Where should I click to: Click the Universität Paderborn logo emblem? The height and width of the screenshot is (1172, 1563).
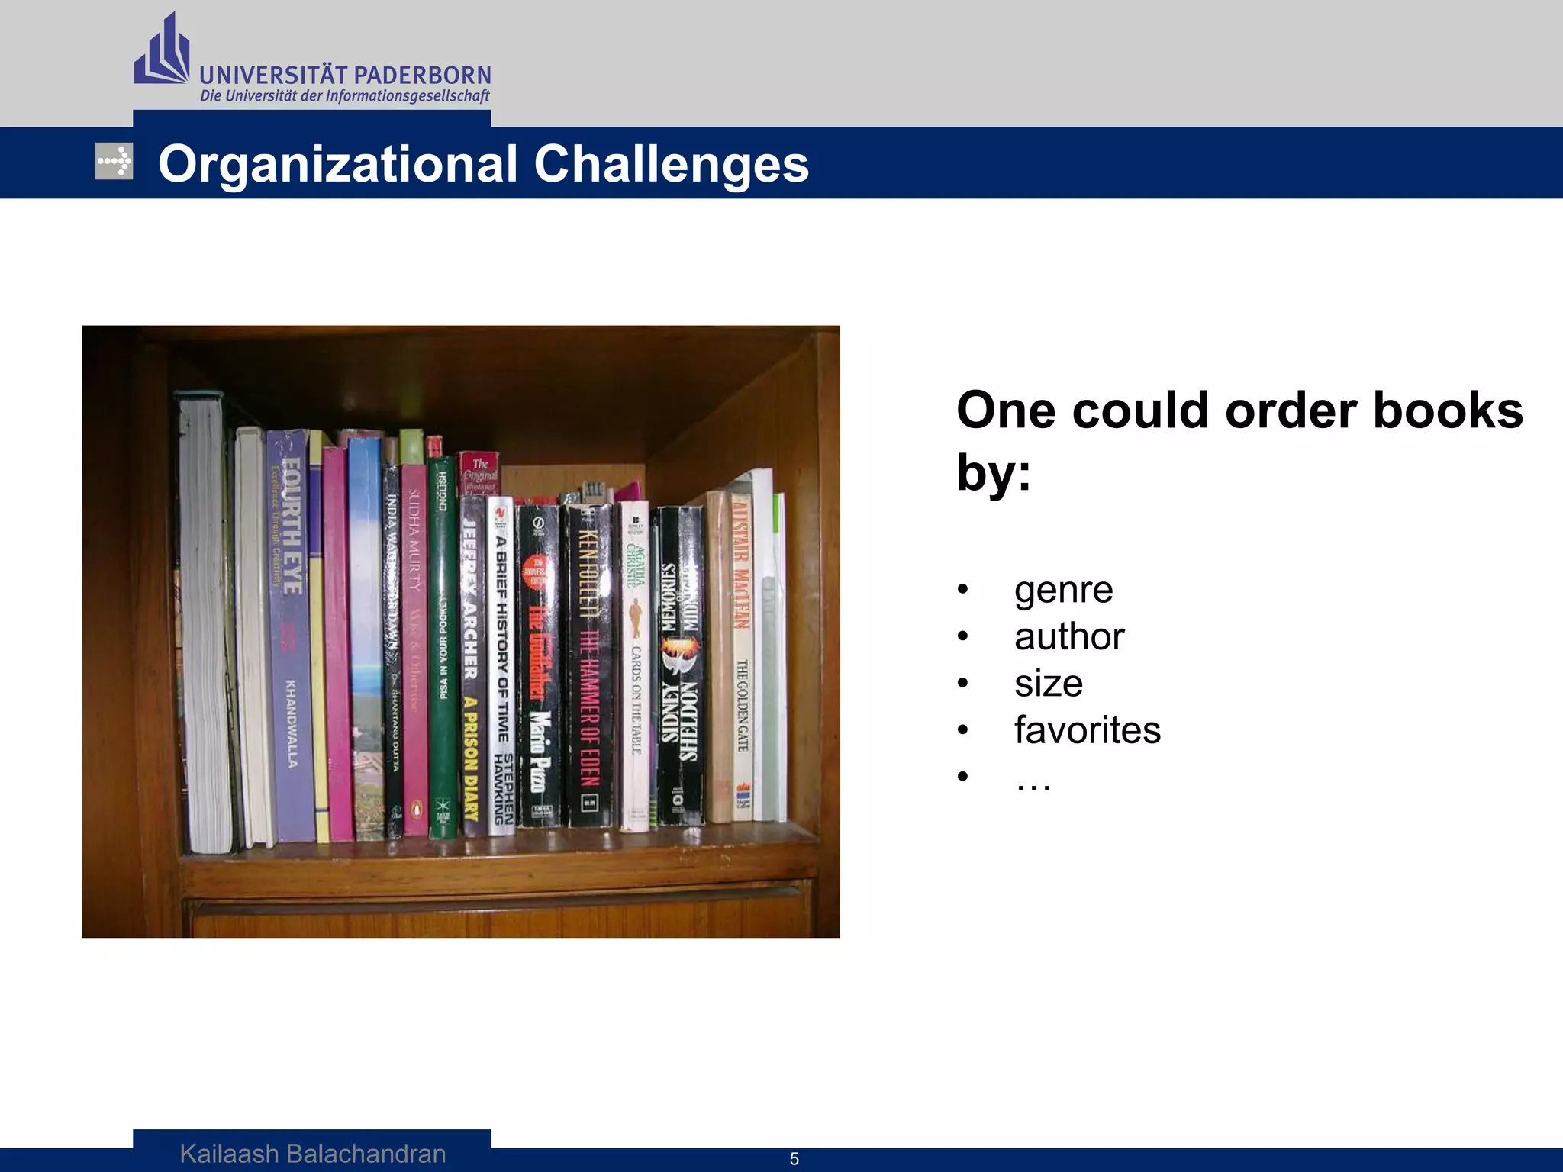click(x=162, y=52)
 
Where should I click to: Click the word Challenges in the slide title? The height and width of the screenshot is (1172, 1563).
click(x=671, y=164)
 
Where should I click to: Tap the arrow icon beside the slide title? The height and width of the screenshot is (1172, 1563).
click(x=114, y=161)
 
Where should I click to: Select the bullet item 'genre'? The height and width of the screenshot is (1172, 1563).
click(x=1063, y=590)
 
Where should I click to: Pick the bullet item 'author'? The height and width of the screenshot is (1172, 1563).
click(x=1068, y=636)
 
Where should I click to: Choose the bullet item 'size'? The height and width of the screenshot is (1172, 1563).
click(x=1048, y=683)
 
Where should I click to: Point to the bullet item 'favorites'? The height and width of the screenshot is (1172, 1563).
click(x=1087, y=730)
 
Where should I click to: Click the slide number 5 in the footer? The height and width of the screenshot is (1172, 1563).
click(x=794, y=1159)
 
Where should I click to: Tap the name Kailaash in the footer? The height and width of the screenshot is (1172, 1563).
click(x=229, y=1154)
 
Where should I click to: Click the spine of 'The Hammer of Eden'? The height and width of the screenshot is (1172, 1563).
click(x=588, y=664)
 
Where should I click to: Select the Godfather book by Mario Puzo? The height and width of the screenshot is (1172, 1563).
click(x=538, y=664)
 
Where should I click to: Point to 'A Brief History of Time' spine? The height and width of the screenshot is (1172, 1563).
click(x=501, y=664)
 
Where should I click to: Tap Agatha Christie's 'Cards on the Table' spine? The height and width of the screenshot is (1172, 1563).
click(x=635, y=664)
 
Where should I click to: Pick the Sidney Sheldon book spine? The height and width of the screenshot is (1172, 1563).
click(x=679, y=664)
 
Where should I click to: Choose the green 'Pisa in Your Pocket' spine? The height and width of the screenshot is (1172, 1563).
click(x=443, y=649)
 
